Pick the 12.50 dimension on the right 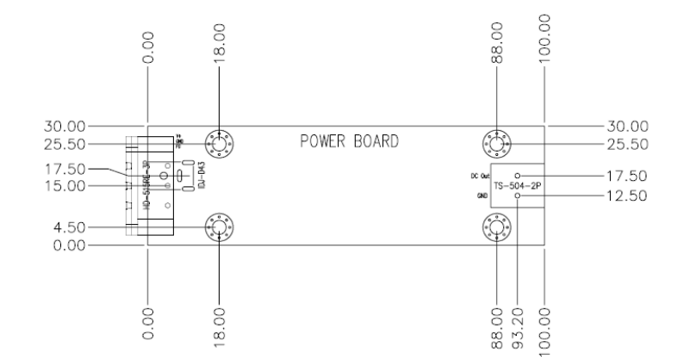pos(625,196)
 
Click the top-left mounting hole pos(221,143)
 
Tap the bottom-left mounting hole pos(221,227)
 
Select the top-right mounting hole pos(498,143)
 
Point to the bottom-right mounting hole pos(498,227)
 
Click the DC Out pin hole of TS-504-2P pos(517,176)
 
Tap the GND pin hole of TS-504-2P pos(517,196)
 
